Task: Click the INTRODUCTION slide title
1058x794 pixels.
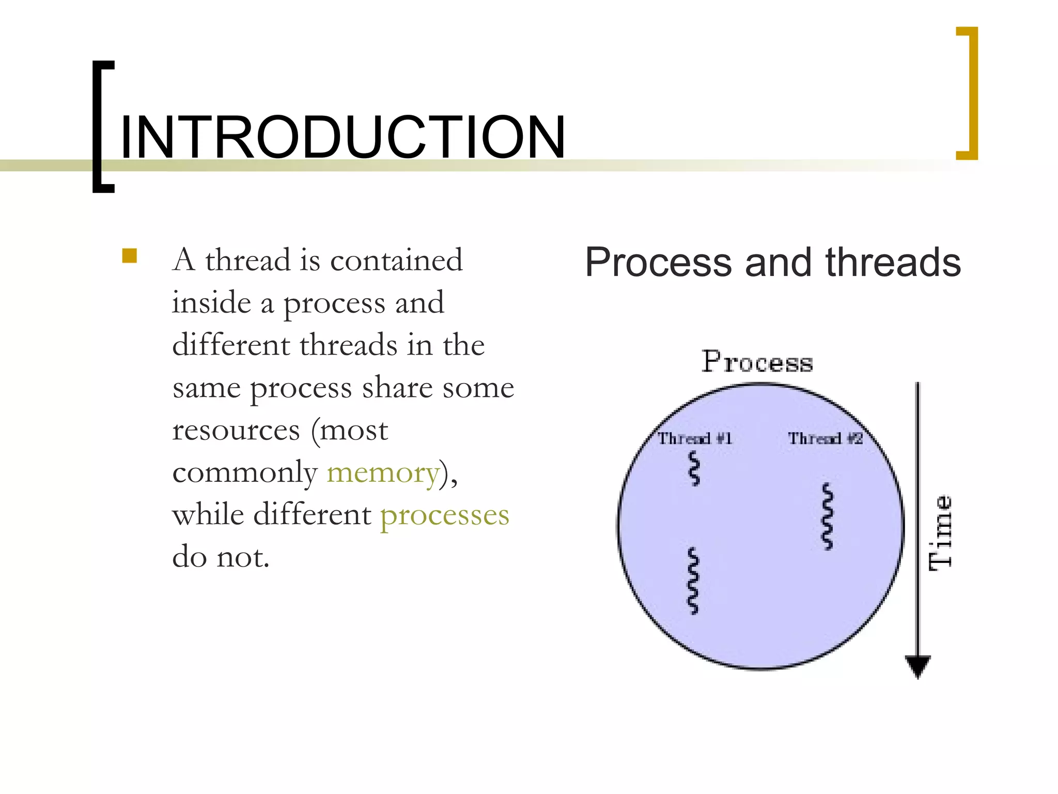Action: (343, 138)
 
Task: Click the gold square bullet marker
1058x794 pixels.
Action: (130, 256)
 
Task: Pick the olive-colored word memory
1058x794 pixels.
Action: (383, 472)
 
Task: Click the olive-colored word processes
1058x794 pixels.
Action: (445, 515)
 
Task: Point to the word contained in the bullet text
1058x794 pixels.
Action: (396, 260)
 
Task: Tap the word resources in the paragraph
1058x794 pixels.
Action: (236, 430)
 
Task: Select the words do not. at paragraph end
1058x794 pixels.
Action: (221, 557)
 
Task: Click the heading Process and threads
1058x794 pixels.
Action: (773, 263)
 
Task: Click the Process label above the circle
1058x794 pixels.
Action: (757, 362)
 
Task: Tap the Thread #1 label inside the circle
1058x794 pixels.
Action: (694, 439)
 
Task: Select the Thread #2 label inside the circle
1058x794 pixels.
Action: (825, 439)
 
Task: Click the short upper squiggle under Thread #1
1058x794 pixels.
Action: (695, 468)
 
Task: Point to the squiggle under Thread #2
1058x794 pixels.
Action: (828, 516)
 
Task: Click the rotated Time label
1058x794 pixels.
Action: (940, 533)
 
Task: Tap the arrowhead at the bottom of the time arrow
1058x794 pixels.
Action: (918, 666)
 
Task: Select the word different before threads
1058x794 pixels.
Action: (231, 345)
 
